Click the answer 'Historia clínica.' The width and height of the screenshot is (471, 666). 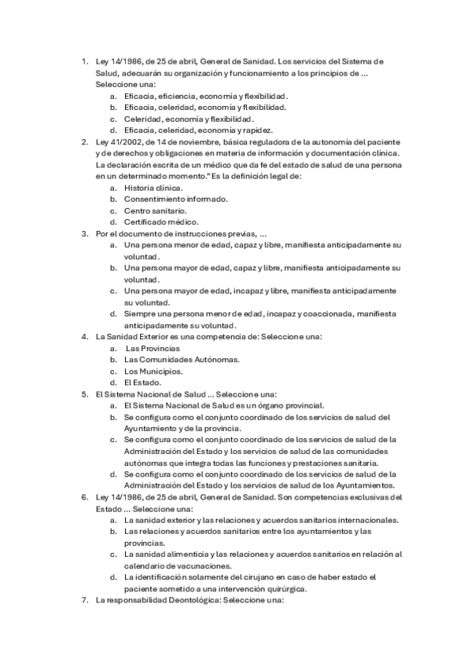coord(153,188)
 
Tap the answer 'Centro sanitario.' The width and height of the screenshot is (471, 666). coord(155,210)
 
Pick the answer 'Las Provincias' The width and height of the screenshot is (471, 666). coord(153,348)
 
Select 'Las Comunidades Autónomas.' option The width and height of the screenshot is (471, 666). coord(182,360)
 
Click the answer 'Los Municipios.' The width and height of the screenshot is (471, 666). coord(153,371)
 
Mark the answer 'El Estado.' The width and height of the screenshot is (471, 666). coord(142,382)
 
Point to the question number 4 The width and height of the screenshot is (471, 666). coord(85,336)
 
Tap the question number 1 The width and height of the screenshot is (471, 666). coord(85,60)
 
